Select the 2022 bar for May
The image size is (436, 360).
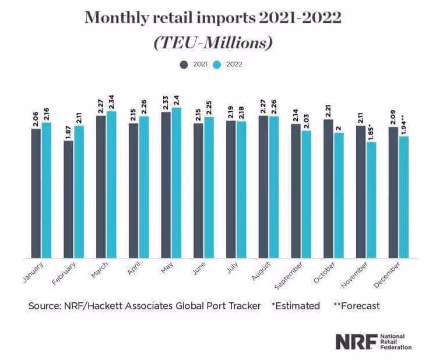pyautogui.click(x=176, y=182)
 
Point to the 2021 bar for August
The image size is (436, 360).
pyautogui.click(x=263, y=186)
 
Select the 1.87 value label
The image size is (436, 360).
pyautogui.click(x=69, y=130)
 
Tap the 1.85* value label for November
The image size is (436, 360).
pyautogui.click(x=371, y=130)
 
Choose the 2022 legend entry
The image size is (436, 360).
pyautogui.click(x=228, y=64)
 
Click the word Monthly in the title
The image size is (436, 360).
pyautogui.click(x=115, y=17)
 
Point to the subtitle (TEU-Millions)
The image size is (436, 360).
pyautogui.click(x=213, y=43)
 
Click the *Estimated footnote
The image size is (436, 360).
pyautogui.click(x=296, y=305)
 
